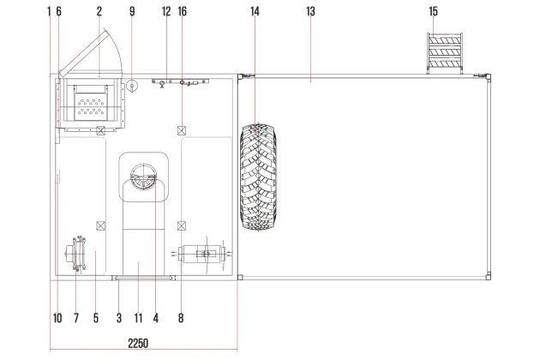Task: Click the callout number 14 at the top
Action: [255, 11]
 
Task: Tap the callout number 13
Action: [310, 11]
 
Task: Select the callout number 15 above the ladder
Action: [433, 11]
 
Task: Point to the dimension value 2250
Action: [138, 343]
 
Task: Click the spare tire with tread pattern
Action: [258, 177]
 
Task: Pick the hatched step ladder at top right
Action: [445, 53]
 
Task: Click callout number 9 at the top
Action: [132, 11]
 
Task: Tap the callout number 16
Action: [183, 11]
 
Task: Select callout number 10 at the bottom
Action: [57, 318]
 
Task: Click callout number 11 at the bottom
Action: [138, 318]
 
